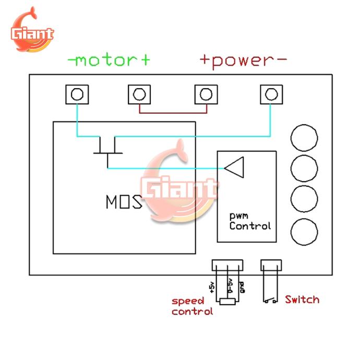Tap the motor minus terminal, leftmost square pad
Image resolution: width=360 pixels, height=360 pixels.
[77, 94]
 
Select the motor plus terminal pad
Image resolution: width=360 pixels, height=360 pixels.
[139, 94]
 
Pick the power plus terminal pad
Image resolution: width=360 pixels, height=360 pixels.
[205, 94]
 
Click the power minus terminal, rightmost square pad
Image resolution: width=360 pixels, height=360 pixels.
[270, 94]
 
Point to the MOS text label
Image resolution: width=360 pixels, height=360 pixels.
[124, 201]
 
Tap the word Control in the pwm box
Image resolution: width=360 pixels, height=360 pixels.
[250, 226]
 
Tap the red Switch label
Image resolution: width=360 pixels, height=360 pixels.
[302, 299]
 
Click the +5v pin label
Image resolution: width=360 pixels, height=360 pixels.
[211, 286]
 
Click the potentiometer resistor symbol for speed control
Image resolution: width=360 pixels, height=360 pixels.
[227, 302]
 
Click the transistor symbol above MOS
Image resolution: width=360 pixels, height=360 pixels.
[107, 151]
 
